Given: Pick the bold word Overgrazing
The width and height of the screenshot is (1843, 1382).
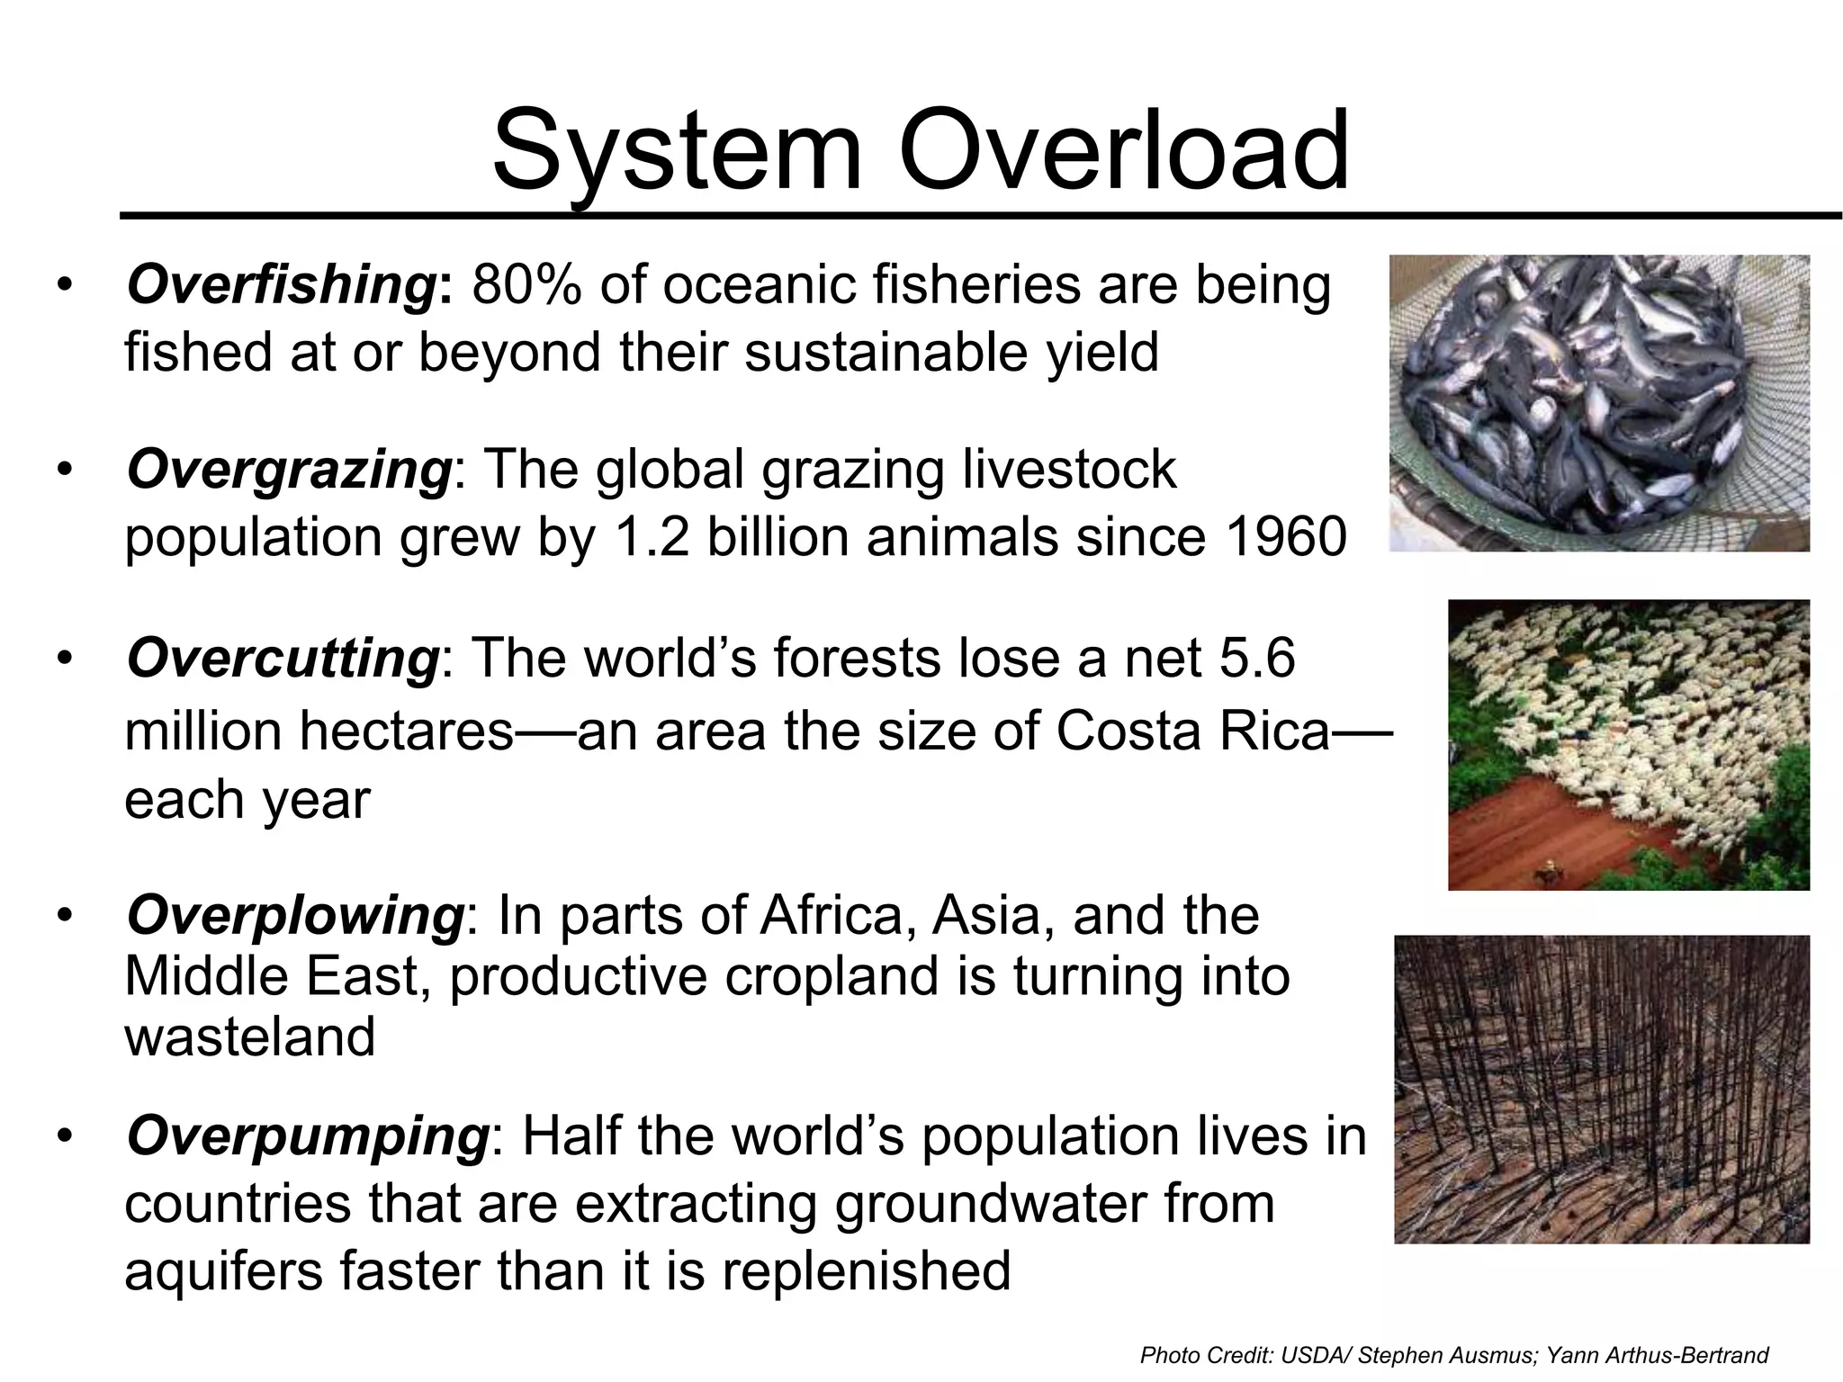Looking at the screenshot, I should pyautogui.click(x=288, y=470).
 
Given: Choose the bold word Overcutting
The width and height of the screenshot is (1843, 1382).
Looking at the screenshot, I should pyautogui.click(x=283, y=658).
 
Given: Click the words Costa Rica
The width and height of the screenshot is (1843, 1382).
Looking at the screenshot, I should pyautogui.click(x=1192, y=731).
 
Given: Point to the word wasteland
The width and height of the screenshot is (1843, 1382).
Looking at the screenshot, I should pyautogui.click(x=249, y=1036).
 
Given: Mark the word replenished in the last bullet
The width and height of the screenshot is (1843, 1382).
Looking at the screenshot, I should pyautogui.click(x=866, y=1270).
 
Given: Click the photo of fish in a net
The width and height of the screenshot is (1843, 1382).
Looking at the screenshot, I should pyautogui.click(x=1599, y=402).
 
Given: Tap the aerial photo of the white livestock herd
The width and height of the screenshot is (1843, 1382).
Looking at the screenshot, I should pyautogui.click(x=1628, y=744).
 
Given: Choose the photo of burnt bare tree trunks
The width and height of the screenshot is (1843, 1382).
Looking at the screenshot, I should pyautogui.click(x=1601, y=1089).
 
